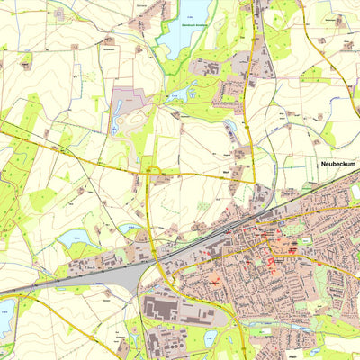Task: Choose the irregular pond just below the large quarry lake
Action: [190, 91]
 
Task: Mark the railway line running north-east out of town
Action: [306, 193]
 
